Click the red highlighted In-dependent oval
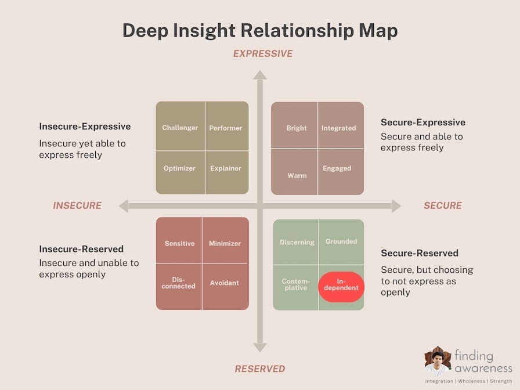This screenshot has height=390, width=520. tap(341, 287)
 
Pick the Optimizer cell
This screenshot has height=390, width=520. tap(180, 172)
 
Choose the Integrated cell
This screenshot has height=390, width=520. tap(341, 125)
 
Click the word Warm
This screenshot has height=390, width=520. tap(297, 176)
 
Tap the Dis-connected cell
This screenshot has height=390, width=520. tap(179, 287)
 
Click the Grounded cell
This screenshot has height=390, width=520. tap(342, 242)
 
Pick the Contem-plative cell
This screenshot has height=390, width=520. tap(295, 287)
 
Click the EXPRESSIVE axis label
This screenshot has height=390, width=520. tap(263, 54)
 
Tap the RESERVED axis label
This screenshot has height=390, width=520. tap(260, 369)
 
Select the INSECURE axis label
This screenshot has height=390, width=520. tap(77, 205)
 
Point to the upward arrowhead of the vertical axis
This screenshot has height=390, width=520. tap(260, 75)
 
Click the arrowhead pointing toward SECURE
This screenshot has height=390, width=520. tap(396, 206)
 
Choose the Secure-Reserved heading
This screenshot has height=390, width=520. tap(420, 253)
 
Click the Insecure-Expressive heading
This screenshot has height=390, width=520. tap(85, 127)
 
